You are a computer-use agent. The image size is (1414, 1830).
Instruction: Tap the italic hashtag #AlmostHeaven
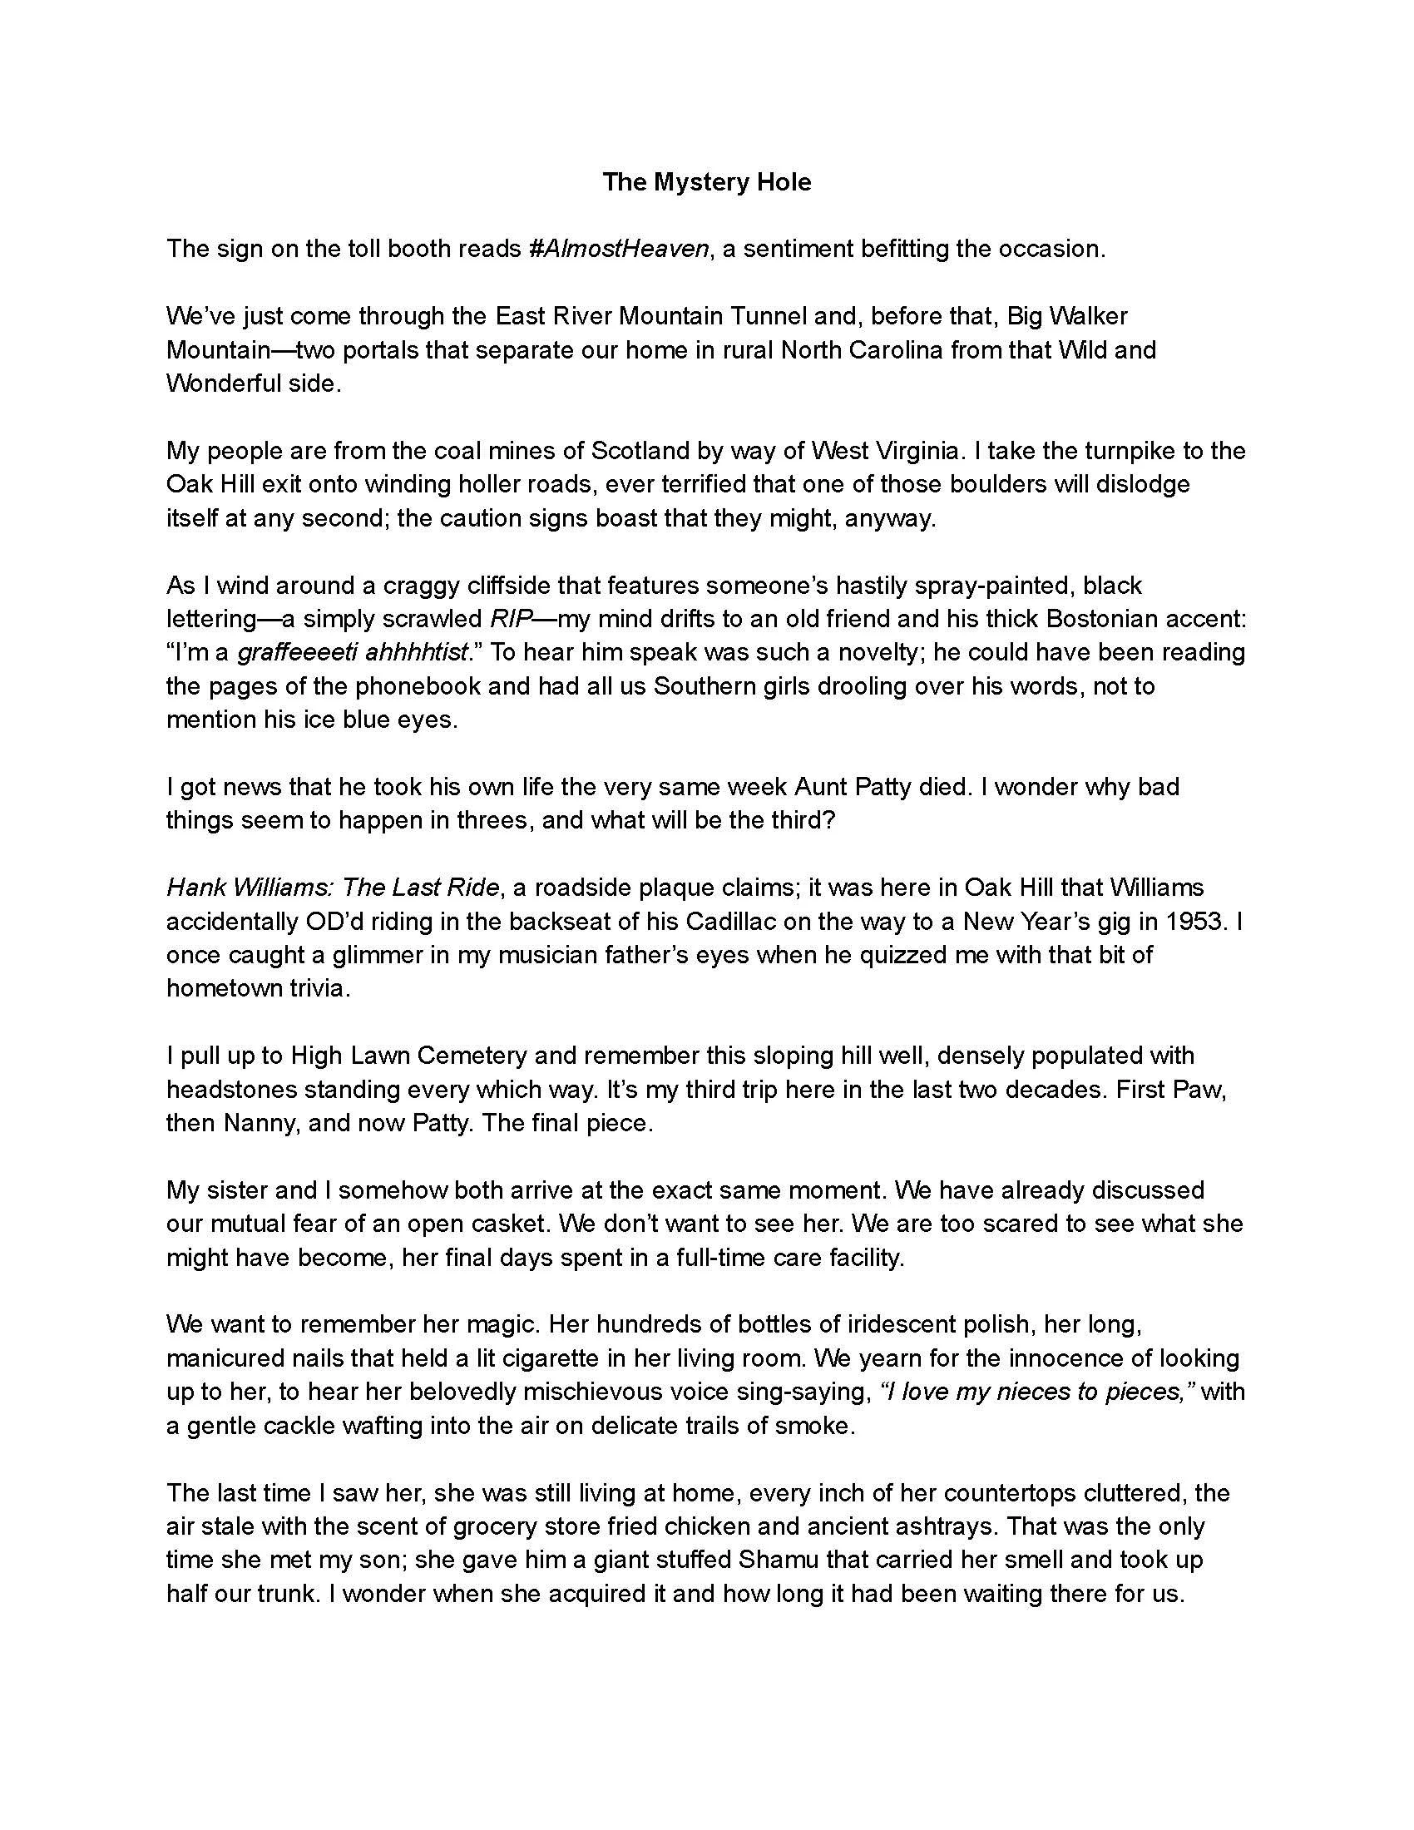click(619, 249)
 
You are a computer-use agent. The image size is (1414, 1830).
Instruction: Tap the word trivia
click(314, 989)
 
